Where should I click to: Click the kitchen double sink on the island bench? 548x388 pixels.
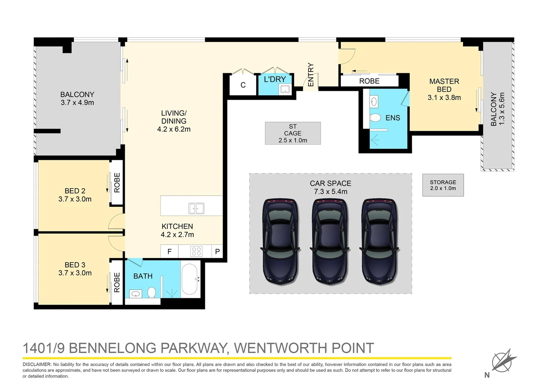tap(196, 208)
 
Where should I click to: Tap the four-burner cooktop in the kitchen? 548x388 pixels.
tap(196, 251)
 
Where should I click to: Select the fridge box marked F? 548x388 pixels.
tap(170, 251)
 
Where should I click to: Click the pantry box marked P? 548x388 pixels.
tap(217, 251)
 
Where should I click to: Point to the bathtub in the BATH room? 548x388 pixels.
tap(189, 279)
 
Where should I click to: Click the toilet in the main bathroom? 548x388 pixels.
tap(152, 292)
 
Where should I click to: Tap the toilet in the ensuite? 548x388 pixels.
tap(375, 117)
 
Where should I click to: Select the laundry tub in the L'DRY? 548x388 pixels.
tap(285, 89)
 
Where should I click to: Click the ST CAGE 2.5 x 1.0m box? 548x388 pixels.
tap(293, 133)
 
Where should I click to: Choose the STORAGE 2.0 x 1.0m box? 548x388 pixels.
tap(443, 185)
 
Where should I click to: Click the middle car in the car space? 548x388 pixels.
tap(330, 241)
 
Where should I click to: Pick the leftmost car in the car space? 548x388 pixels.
tap(280, 241)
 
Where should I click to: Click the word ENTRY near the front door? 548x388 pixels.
tap(311, 75)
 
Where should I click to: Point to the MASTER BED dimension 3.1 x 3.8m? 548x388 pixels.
tap(444, 97)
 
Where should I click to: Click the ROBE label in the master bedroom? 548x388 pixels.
tap(369, 81)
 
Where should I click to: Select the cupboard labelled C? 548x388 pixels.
tap(243, 85)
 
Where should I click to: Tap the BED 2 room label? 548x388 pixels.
tap(75, 191)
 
